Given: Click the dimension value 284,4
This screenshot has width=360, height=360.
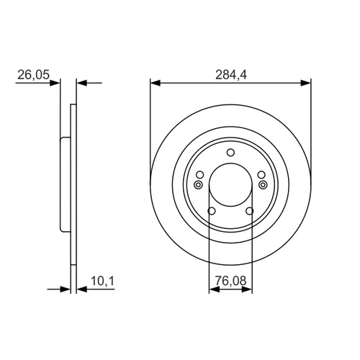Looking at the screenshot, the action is point(231,75).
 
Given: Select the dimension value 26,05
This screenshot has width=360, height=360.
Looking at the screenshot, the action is point(33,75).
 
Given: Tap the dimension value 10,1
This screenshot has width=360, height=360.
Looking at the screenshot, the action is point(103,281).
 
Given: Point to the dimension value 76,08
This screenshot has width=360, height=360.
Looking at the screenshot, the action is point(230,281).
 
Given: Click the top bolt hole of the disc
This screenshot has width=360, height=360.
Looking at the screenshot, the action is point(230,153).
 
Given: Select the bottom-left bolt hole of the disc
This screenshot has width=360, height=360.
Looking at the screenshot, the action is point(212,211).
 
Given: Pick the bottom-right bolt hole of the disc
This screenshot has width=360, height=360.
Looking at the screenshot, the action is point(250,211).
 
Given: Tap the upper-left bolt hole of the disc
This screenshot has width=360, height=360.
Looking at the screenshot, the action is point(200,175).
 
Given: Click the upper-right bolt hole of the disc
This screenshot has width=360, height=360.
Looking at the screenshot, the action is point(261,175).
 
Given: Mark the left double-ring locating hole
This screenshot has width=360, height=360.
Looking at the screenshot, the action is point(198,185).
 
